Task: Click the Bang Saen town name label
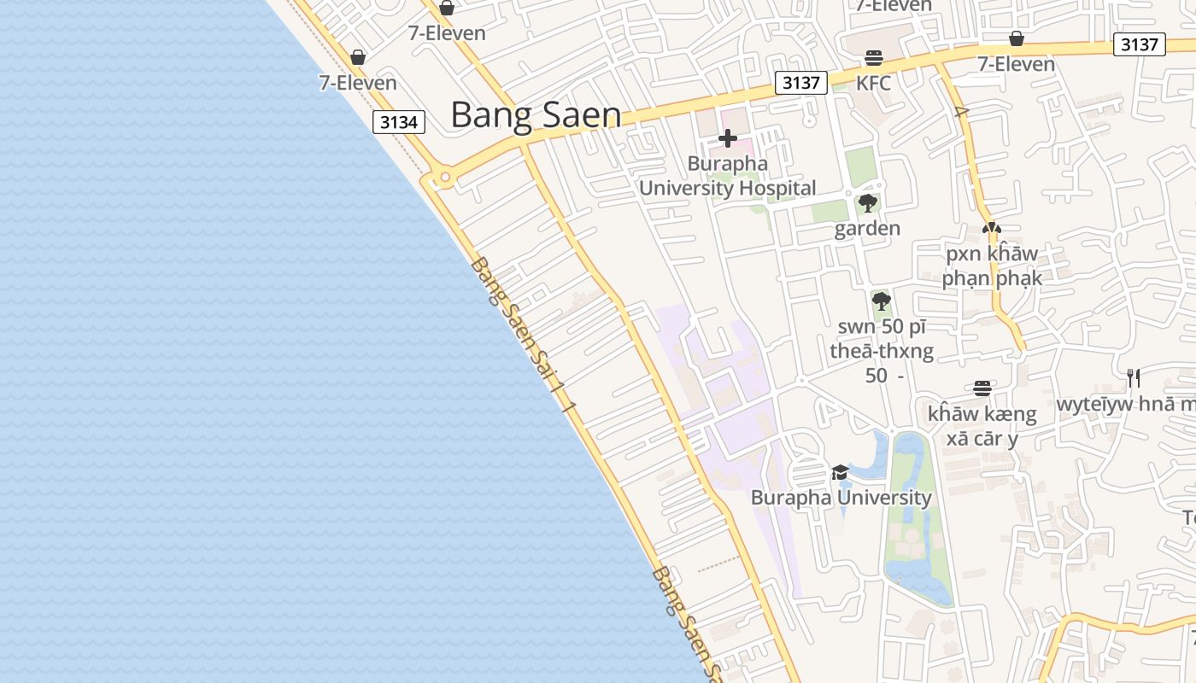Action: (x=536, y=115)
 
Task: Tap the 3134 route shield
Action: (x=399, y=122)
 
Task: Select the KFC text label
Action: (x=873, y=83)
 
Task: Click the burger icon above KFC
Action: (x=873, y=58)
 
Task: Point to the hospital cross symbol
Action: (x=728, y=137)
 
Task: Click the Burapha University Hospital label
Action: (x=728, y=176)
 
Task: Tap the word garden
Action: (x=867, y=228)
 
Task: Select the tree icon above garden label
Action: (x=868, y=203)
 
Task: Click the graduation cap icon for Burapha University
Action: (x=841, y=472)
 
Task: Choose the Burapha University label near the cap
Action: (x=841, y=497)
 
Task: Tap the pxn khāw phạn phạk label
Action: (x=992, y=266)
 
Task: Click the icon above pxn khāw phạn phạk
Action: (x=991, y=229)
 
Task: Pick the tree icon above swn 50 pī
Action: (x=882, y=301)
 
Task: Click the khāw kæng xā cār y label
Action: (x=982, y=426)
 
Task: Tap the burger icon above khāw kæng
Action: (x=982, y=388)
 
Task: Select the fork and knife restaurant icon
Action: (x=1134, y=377)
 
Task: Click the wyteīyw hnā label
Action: (x=1126, y=404)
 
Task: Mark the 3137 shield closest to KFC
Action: (x=801, y=83)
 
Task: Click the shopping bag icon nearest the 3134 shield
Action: (x=358, y=57)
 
